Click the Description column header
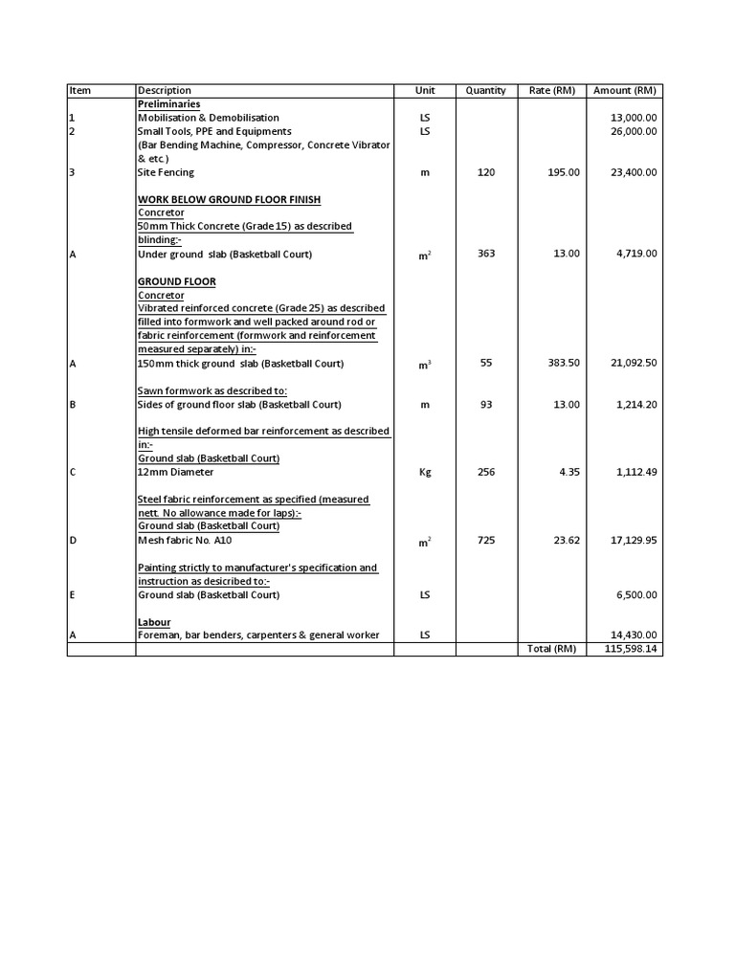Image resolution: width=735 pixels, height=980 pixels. click(x=165, y=91)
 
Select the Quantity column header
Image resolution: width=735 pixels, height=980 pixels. click(x=486, y=91)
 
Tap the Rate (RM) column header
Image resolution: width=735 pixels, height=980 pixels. click(x=552, y=91)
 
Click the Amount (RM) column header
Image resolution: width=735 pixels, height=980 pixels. click(x=624, y=91)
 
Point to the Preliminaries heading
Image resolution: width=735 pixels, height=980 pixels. click(x=168, y=103)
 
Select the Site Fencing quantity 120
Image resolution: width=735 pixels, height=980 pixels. click(x=485, y=172)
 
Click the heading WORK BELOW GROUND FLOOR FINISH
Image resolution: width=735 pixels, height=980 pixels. click(x=229, y=199)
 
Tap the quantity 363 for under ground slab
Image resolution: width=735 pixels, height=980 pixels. click(x=485, y=254)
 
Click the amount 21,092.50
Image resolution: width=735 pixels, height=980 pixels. click(x=631, y=364)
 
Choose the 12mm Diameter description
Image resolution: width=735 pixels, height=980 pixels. click(x=176, y=472)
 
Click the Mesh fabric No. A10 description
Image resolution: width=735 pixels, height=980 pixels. click(x=187, y=541)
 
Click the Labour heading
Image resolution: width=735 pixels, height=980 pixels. click(x=154, y=622)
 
